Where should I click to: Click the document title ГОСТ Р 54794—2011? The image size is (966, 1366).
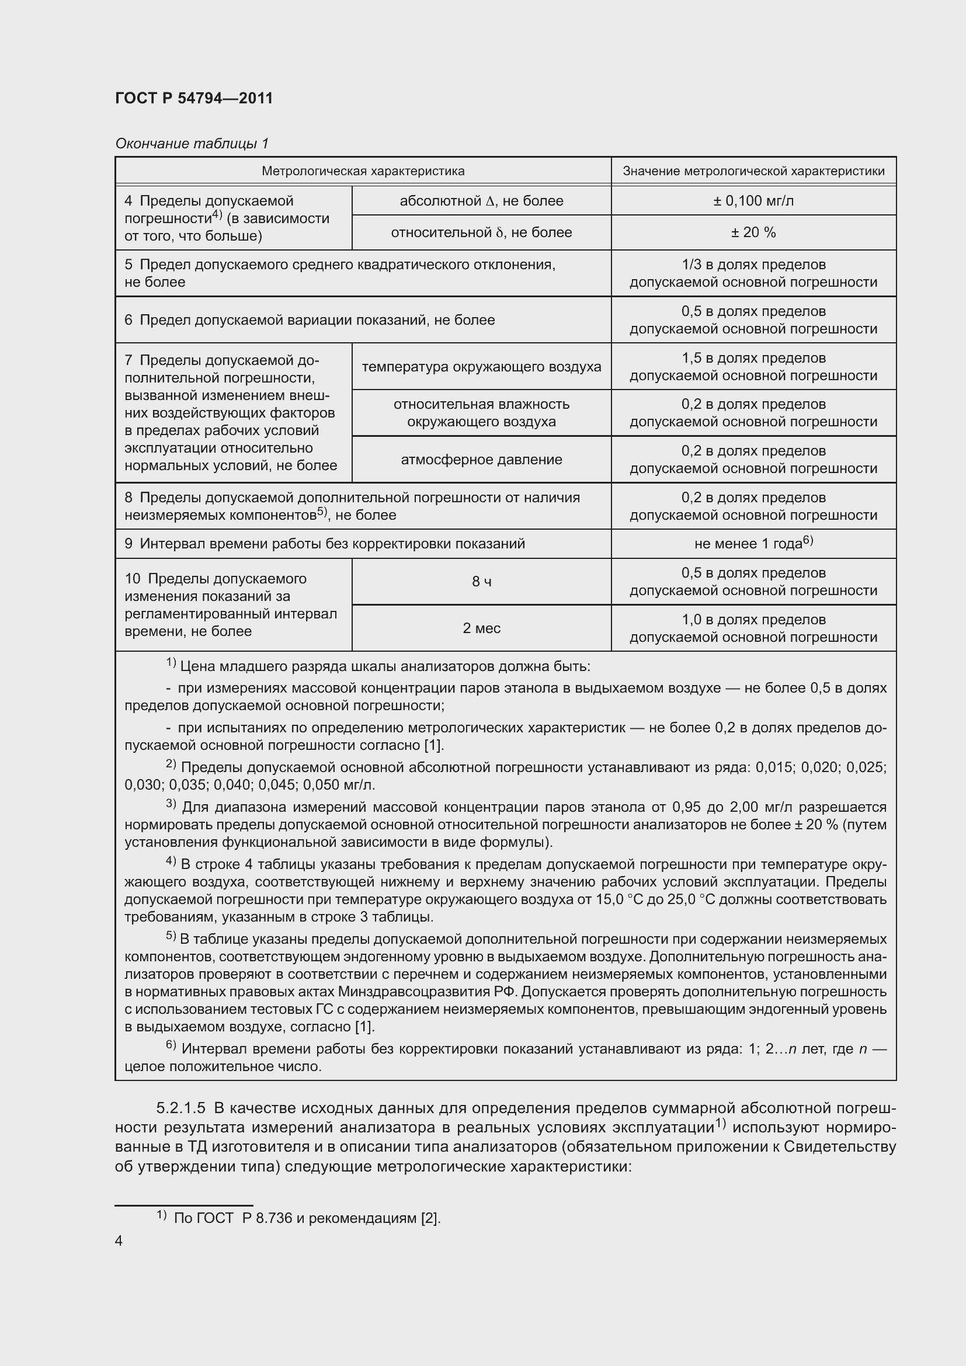194,98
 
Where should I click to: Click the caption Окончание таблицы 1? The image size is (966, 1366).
192,144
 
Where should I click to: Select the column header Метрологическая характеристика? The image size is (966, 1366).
363,171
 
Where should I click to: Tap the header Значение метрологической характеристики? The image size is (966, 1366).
753,171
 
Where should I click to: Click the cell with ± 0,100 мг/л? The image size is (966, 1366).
753,200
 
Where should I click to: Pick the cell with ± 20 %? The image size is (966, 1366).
753,232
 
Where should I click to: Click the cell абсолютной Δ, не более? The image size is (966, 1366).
481,200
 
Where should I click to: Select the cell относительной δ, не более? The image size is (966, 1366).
481,232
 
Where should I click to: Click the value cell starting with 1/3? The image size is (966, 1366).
753,273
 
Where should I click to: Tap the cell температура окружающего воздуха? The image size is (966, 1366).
481,367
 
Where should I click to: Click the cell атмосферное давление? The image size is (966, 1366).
481,459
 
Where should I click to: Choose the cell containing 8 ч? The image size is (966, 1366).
481,581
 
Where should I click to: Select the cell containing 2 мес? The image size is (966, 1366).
481,628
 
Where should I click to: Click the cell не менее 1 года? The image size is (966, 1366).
753,543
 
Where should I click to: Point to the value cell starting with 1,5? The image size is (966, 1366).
753,367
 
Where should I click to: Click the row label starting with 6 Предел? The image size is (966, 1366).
310,320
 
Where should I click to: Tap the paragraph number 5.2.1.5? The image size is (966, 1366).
181,1108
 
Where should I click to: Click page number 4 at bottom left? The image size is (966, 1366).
119,1240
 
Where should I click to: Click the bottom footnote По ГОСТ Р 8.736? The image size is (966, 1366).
307,1218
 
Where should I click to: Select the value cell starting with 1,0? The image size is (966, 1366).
753,628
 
